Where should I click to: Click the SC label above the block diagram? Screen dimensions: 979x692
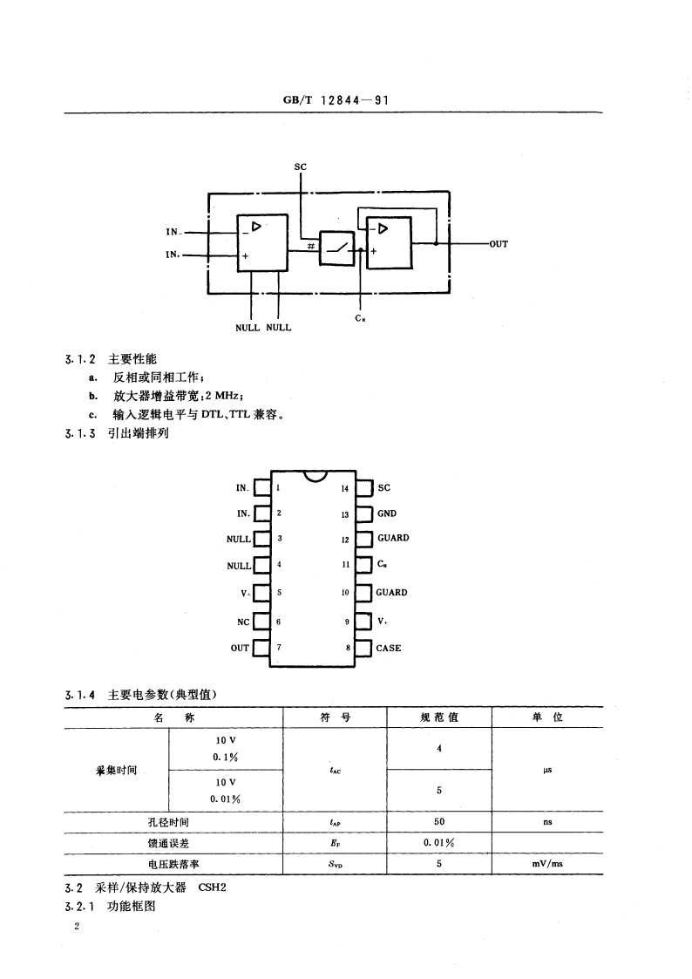301,166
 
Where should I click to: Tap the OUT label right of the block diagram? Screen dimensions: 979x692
498,245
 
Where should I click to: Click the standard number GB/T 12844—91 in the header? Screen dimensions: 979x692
335,100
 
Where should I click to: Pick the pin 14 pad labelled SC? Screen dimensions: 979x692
366,488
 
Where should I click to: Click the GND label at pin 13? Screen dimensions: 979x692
387,514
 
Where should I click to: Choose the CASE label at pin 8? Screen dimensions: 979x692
389,649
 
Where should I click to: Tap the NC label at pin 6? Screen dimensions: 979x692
243,622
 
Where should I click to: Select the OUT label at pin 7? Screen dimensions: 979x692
240,649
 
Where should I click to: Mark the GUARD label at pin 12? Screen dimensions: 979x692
393,539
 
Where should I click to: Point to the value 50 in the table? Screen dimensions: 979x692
439,822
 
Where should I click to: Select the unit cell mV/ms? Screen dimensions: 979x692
547,864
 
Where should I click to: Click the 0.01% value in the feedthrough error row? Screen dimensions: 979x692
439,843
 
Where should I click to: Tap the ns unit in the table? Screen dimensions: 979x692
547,822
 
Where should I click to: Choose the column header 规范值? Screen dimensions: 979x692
439,717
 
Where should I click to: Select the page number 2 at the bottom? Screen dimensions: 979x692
78,928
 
